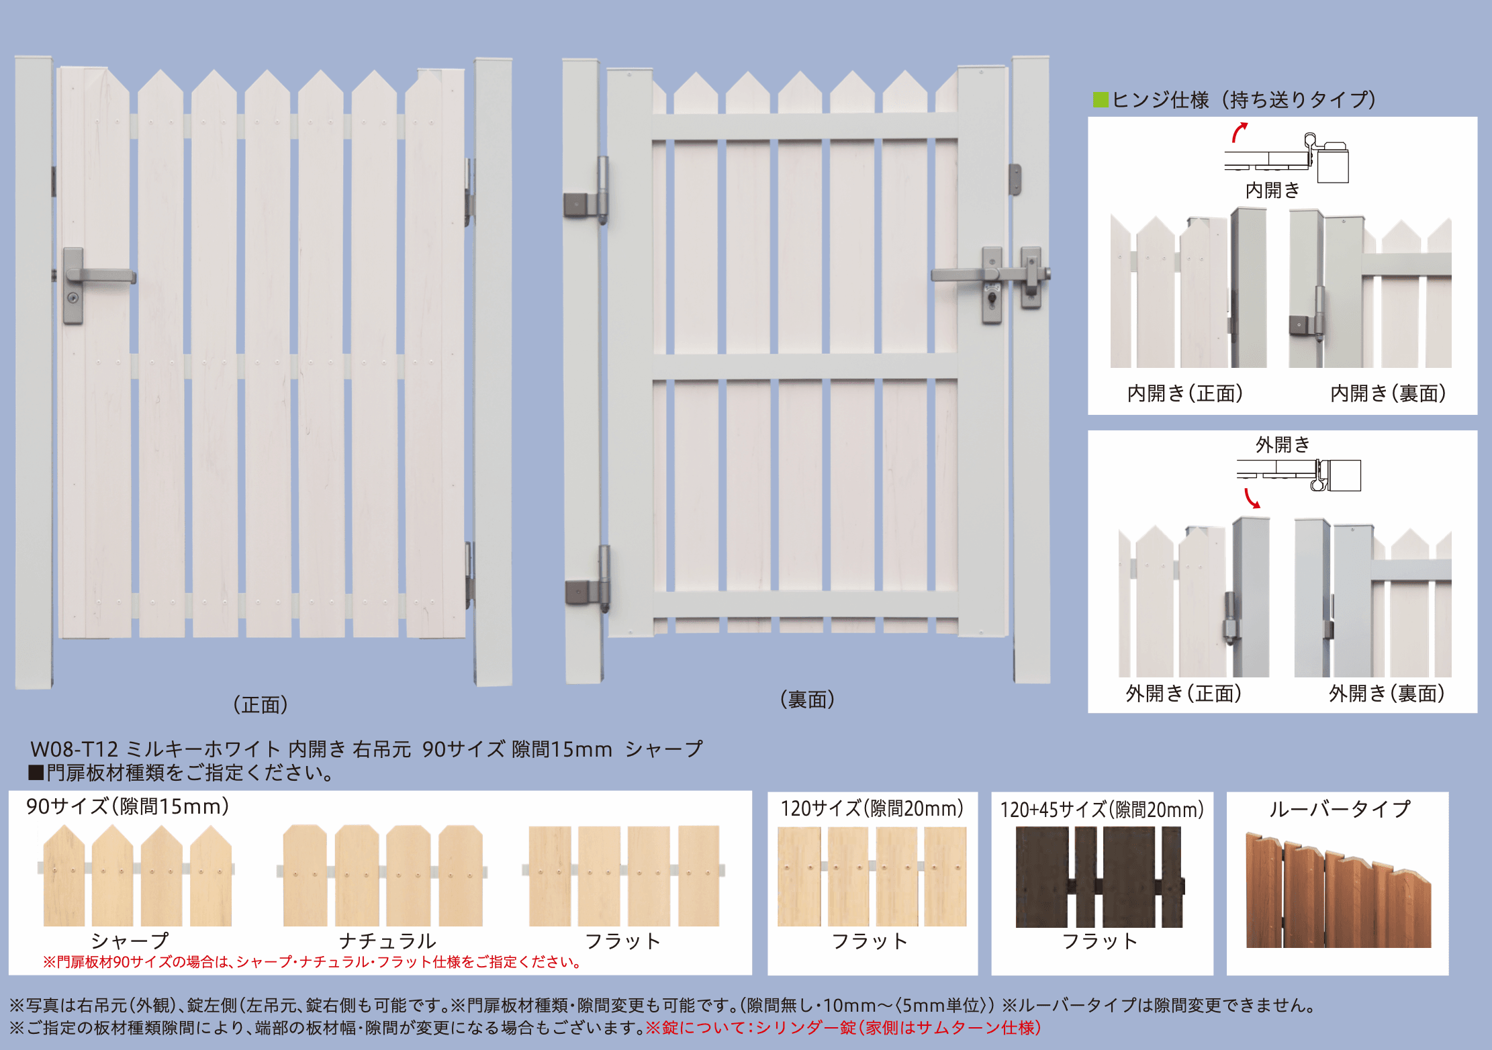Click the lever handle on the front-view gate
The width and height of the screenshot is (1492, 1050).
tap(101, 275)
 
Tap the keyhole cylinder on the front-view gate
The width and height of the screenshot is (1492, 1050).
tap(73, 298)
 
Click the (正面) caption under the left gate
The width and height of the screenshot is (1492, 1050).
tap(261, 704)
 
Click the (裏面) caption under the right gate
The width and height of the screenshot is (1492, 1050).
tap(807, 699)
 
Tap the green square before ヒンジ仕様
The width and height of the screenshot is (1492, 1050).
tap(1101, 100)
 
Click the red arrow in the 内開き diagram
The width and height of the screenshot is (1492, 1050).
tap(1239, 132)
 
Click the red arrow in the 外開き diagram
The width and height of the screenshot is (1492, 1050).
tap(1252, 499)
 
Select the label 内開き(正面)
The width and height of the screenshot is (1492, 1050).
tap(1185, 393)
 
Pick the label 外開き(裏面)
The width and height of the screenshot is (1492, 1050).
tap(1387, 693)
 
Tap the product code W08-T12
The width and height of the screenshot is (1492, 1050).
tap(74, 749)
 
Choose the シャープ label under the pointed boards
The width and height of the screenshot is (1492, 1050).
tap(130, 941)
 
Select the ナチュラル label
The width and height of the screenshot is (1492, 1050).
tap(387, 941)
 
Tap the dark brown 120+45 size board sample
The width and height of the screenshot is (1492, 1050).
tap(1100, 877)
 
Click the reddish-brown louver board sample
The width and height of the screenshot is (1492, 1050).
tap(1338, 890)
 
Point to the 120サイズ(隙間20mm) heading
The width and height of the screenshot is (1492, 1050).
tap(872, 808)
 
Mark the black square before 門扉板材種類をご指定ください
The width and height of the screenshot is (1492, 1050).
tap(36, 773)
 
